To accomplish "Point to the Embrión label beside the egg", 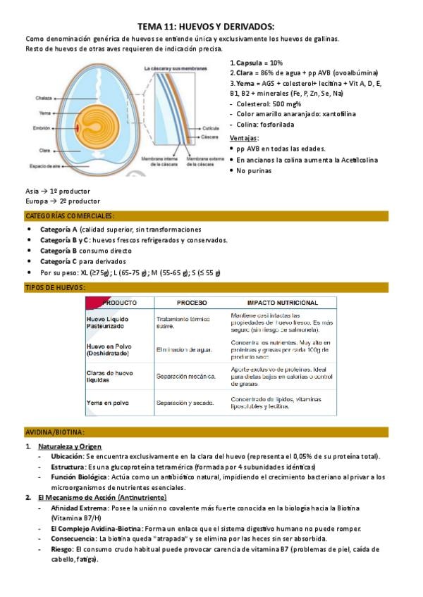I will (42, 128).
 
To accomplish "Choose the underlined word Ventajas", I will (244, 138).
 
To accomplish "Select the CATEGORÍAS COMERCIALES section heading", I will (70, 216).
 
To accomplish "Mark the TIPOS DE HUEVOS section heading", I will (55, 287).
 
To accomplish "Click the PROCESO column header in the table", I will (192, 302).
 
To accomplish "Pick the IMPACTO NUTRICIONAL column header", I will (282, 302).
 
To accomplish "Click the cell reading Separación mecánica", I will (185, 377).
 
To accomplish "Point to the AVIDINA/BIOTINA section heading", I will (55, 432).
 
